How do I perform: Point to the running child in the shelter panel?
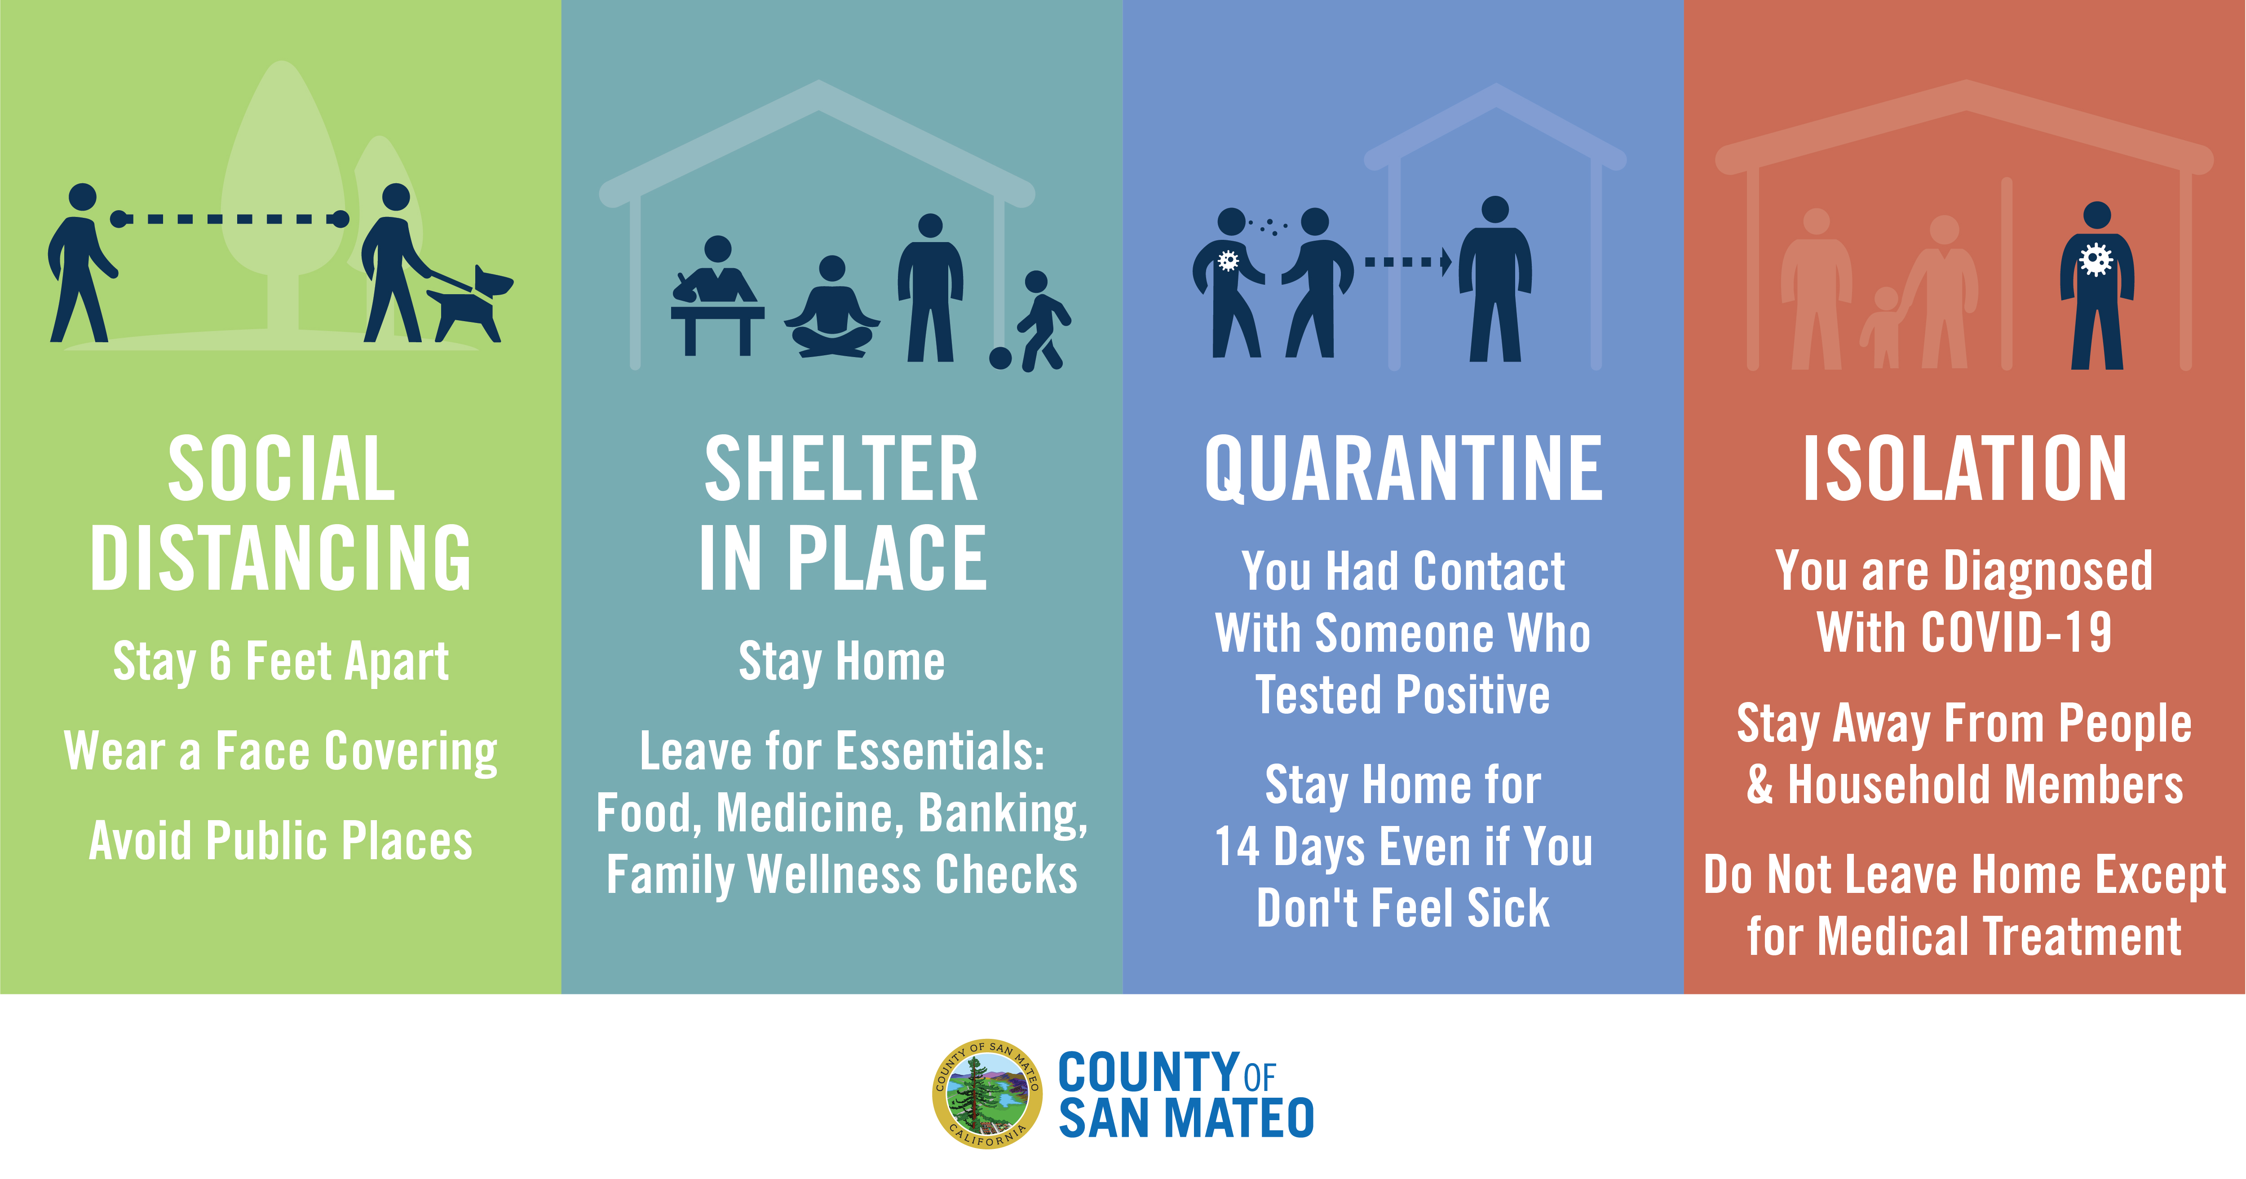(x=1043, y=321)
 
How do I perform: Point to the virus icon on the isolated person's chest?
(x=2096, y=259)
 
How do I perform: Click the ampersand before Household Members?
(x=1760, y=785)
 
